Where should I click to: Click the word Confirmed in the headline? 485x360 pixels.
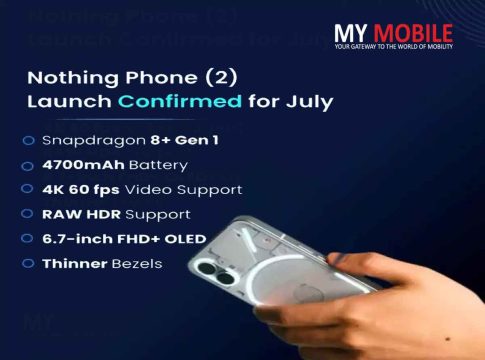pyautogui.click(x=180, y=101)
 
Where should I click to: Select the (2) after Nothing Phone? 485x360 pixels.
pyautogui.click(x=221, y=78)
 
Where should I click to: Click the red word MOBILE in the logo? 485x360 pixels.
pyautogui.click(x=413, y=33)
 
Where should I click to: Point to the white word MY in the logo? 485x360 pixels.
pyautogui.click(x=351, y=33)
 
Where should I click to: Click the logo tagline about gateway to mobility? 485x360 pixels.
pyautogui.click(x=394, y=46)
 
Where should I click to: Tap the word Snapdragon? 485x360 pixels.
pyautogui.click(x=94, y=141)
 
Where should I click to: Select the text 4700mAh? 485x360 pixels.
pyautogui.click(x=83, y=165)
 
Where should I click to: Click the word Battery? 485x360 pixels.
pyautogui.click(x=158, y=166)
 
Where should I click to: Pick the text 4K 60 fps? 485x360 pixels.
pyautogui.click(x=81, y=190)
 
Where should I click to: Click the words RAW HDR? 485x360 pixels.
pyautogui.click(x=81, y=214)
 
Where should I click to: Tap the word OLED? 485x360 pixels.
pyautogui.click(x=185, y=239)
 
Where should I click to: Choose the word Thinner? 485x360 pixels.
pyautogui.click(x=75, y=264)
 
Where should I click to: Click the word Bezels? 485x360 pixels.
pyautogui.click(x=137, y=264)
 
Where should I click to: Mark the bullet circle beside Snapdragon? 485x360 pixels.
pyautogui.click(x=29, y=141)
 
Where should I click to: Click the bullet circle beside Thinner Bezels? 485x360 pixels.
pyautogui.click(x=28, y=264)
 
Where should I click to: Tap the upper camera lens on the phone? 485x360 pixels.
pyautogui.click(x=207, y=268)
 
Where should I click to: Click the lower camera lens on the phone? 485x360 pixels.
pyautogui.click(x=226, y=278)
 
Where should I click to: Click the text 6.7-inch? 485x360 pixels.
pyautogui.click(x=78, y=239)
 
